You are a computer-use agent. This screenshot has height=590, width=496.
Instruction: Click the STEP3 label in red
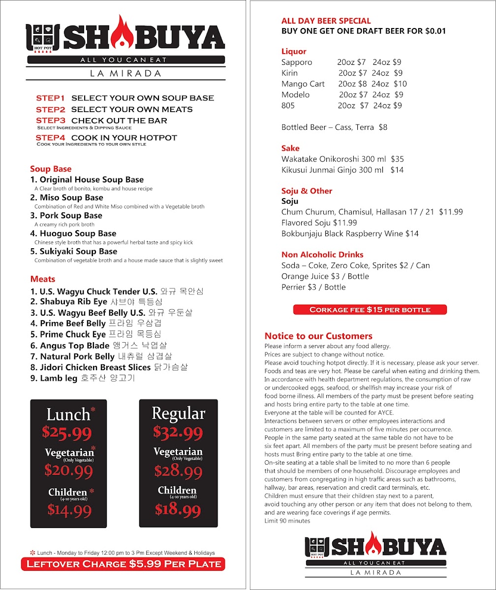pos(50,120)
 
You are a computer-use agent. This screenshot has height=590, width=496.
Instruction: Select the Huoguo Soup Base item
pos(73,234)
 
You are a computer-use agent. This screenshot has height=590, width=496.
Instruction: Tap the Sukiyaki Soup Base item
pos(74,251)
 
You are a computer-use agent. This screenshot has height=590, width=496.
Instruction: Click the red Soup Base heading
pos(51,169)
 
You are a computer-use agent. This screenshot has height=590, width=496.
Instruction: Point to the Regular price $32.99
pos(178,432)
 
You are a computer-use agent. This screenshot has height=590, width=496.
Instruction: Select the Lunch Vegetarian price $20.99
pos(68,471)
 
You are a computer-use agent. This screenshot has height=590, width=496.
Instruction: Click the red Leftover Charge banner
pos(123,564)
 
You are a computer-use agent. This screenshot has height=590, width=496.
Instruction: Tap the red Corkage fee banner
pos(370,310)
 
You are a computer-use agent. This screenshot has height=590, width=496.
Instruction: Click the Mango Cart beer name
pos(303,84)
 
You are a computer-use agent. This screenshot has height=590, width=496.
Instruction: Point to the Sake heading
pos(290,148)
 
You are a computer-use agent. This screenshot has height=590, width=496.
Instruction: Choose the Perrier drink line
pos(313,287)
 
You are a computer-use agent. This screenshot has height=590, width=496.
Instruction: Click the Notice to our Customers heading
pos(318,336)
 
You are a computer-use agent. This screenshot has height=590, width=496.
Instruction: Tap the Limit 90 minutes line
pos(287,521)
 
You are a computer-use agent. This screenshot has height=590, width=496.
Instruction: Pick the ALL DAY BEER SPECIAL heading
pos(326,21)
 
